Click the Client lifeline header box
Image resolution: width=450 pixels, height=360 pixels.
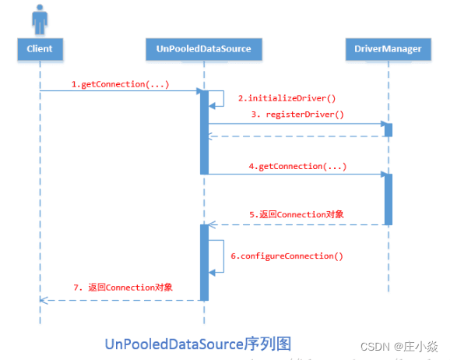click(39, 49)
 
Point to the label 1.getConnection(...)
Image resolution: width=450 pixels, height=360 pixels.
click(120, 83)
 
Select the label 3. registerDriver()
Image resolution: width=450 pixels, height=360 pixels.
click(297, 114)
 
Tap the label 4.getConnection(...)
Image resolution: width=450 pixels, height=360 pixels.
click(297, 166)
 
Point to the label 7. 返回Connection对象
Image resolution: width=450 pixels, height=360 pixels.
click(122, 287)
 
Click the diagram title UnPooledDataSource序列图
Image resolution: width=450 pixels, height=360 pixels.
click(199, 342)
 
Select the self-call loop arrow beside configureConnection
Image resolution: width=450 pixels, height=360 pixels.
click(220, 255)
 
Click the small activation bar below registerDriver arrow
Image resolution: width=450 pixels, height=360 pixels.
click(388, 129)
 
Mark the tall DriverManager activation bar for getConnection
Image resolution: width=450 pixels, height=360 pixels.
click(388, 199)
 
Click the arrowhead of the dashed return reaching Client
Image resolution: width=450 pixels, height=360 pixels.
click(43, 300)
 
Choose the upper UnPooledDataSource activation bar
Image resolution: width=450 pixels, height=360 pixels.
click(204, 132)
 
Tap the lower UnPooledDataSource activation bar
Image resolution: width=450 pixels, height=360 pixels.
click(204, 262)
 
